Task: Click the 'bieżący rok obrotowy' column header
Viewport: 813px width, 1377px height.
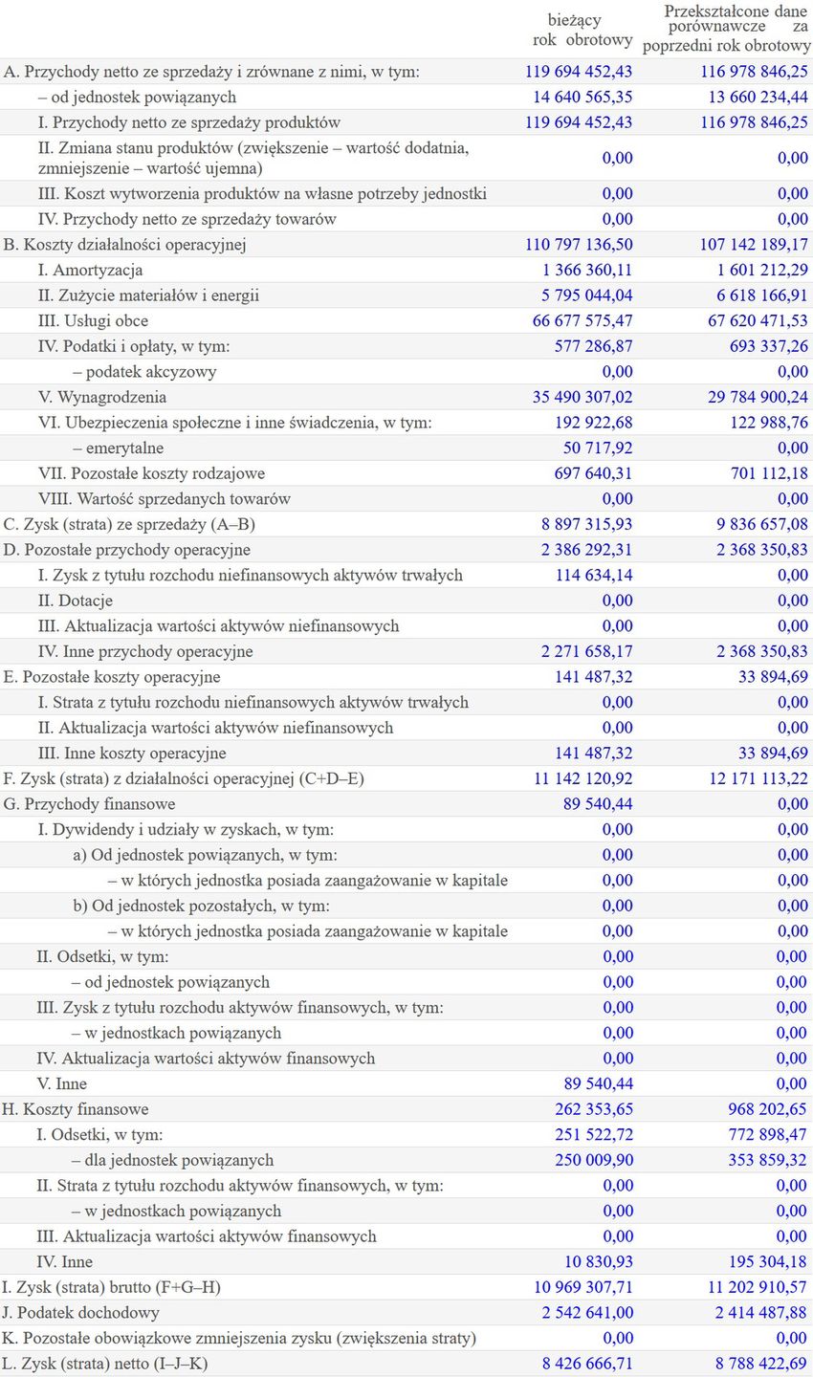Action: tap(582, 30)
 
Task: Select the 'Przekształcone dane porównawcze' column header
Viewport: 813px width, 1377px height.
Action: tap(726, 28)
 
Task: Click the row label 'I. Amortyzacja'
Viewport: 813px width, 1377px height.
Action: tap(90, 270)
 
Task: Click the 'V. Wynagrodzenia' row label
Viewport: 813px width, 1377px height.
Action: tap(101, 397)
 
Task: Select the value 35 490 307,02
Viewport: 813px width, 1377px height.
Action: tap(582, 397)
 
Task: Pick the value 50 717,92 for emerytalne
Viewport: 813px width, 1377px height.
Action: tap(598, 448)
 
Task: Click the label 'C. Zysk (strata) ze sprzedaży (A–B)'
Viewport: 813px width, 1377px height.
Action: tap(129, 524)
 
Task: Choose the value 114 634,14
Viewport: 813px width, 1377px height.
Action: tap(593, 575)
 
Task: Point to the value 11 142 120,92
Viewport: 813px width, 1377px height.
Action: tap(582, 778)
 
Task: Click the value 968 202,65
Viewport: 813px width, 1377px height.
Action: tap(767, 1109)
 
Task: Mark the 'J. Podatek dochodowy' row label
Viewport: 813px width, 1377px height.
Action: tap(81, 1313)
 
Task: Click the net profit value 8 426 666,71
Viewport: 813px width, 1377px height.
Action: tap(587, 1364)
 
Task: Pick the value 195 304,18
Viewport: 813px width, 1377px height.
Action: tap(767, 1261)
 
